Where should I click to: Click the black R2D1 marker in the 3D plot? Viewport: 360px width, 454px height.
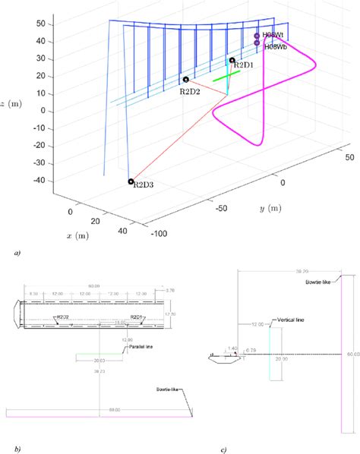coord(232,60)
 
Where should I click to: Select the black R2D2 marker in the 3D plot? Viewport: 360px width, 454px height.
coord(185,79)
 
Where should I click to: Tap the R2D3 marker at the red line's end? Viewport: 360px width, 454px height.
coord(131,181)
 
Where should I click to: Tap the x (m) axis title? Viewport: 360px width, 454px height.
coord(78,236)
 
